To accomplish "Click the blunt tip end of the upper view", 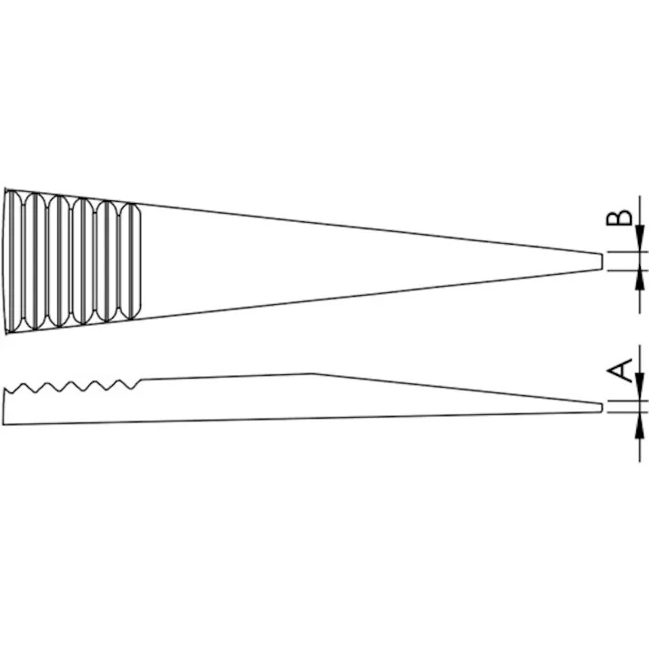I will [x=602, y=261].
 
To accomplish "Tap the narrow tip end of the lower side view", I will [x=602, y=407].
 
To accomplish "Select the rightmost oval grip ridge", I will [x=131, y=259].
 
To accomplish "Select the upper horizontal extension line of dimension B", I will [x=624, y=252].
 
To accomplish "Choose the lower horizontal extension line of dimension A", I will [x=624, y=412].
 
